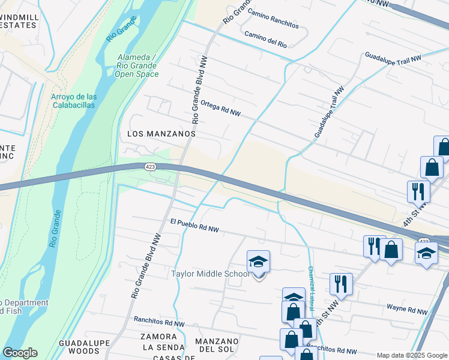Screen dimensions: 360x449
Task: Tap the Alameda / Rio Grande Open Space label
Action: pyautogui.click(x=137, y=65)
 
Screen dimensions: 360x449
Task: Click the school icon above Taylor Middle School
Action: pyautogui.click(x=258, y=262)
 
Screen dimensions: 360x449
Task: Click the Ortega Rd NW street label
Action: pyautogui.click(x=220, y=108)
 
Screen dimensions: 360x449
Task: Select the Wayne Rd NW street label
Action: pyautogui.click(x=406, y=311)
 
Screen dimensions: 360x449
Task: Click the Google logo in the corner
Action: pyautogui.click(x=19, y=353)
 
